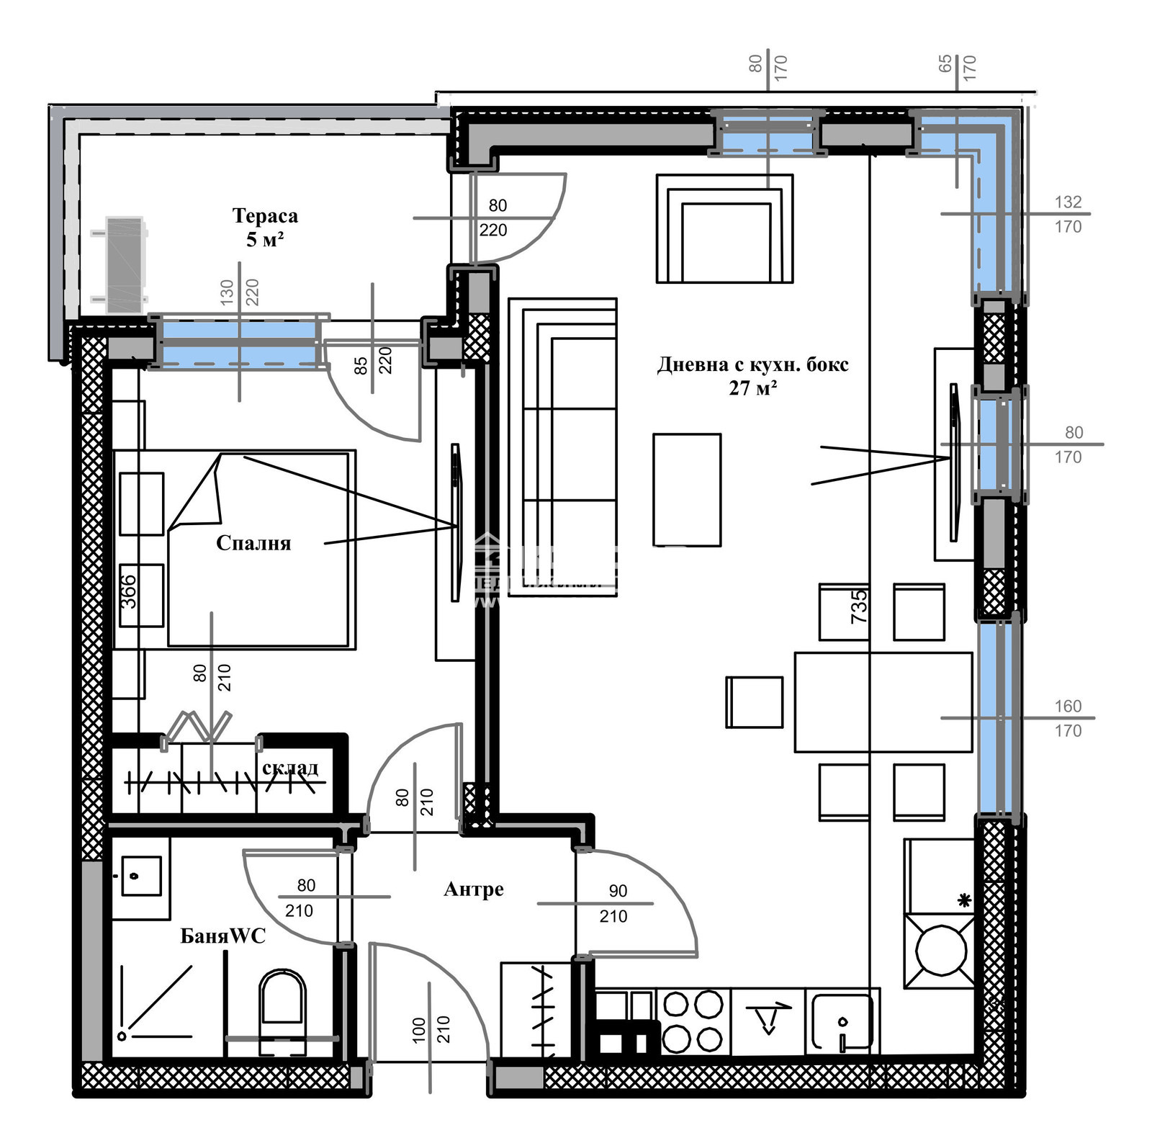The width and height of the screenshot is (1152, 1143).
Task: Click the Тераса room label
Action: tap(264, 216)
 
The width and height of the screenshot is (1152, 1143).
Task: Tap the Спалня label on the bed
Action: tap(253, 543)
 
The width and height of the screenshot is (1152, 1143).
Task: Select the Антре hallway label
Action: tap(473, 889)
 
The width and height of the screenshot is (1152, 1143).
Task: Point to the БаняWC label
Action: tap(222, 936)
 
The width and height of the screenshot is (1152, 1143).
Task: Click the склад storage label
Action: tap(289, 768)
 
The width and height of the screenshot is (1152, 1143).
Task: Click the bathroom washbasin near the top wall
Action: tap(140, 876)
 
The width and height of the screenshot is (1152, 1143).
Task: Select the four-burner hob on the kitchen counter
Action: tap(692, 1021)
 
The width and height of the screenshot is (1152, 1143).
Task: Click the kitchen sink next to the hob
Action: tap(842, 1021)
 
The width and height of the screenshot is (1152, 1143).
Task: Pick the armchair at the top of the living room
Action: tap(724, 229)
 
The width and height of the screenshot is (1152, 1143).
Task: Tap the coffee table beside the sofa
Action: tap(687, 490)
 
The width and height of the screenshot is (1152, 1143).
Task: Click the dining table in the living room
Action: tap(883, 702)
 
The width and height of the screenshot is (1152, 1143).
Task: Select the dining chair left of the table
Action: tap(754, 702)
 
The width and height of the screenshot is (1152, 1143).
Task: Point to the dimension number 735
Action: tap(859, 606)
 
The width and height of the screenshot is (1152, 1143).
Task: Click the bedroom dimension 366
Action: tap(128, 591)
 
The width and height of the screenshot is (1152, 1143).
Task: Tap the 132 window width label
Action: tap(1068, 202)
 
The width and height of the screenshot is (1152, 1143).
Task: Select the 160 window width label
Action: tap(1068, 707)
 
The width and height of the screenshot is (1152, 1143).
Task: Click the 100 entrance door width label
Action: tap(419, 1031)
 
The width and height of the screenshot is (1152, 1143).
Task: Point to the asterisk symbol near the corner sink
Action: tap(964, 900)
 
